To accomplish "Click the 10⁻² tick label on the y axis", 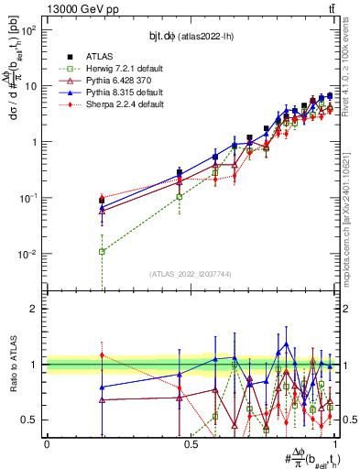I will (x=29, y=254).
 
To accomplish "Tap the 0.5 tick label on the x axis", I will (x=191, y=443).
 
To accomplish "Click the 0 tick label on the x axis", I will (x=47, y=443).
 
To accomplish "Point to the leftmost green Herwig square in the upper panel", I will (x=102, y=251).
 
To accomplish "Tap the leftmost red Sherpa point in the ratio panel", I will (x=102, y=355).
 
